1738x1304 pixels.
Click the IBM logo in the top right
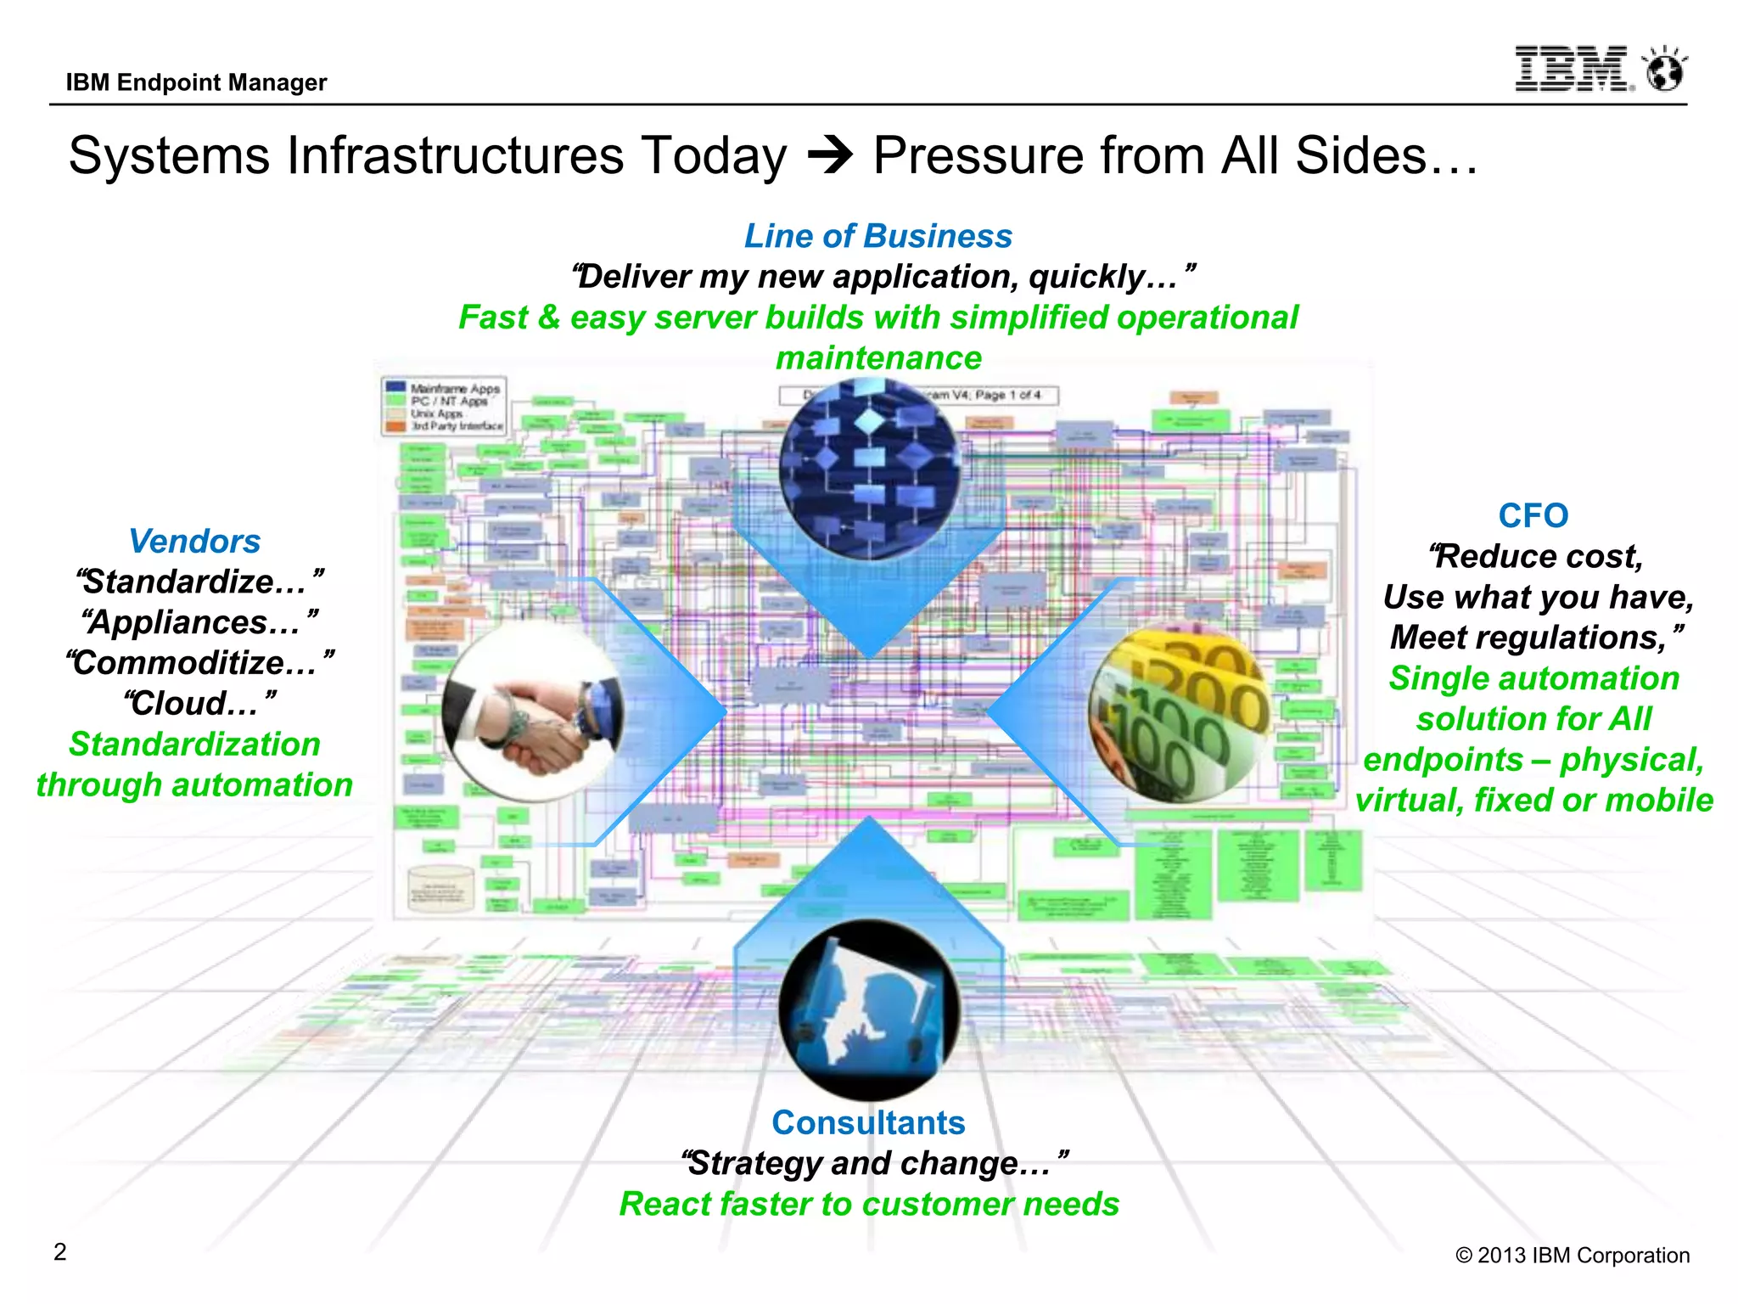tap(1572, 70)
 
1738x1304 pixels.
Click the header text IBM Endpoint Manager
tap(196, 82)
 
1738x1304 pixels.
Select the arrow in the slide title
tap(830, 156)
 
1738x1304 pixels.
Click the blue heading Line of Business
tap(877, 236)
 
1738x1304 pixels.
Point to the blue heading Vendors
tap(194, 542)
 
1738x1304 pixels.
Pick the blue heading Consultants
tap(868, 1122)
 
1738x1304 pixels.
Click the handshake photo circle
tap(533, 711)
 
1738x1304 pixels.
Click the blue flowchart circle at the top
tap(869, 469)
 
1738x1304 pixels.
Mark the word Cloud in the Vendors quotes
tap(188, 703)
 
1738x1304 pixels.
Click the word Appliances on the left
tap(193, 622)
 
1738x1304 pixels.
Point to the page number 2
tap(59, 1252)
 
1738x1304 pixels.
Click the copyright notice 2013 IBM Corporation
tap(1573, 1256)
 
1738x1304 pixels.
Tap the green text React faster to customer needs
tap(869, 1204)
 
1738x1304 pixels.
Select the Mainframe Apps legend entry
tap(453, 389)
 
